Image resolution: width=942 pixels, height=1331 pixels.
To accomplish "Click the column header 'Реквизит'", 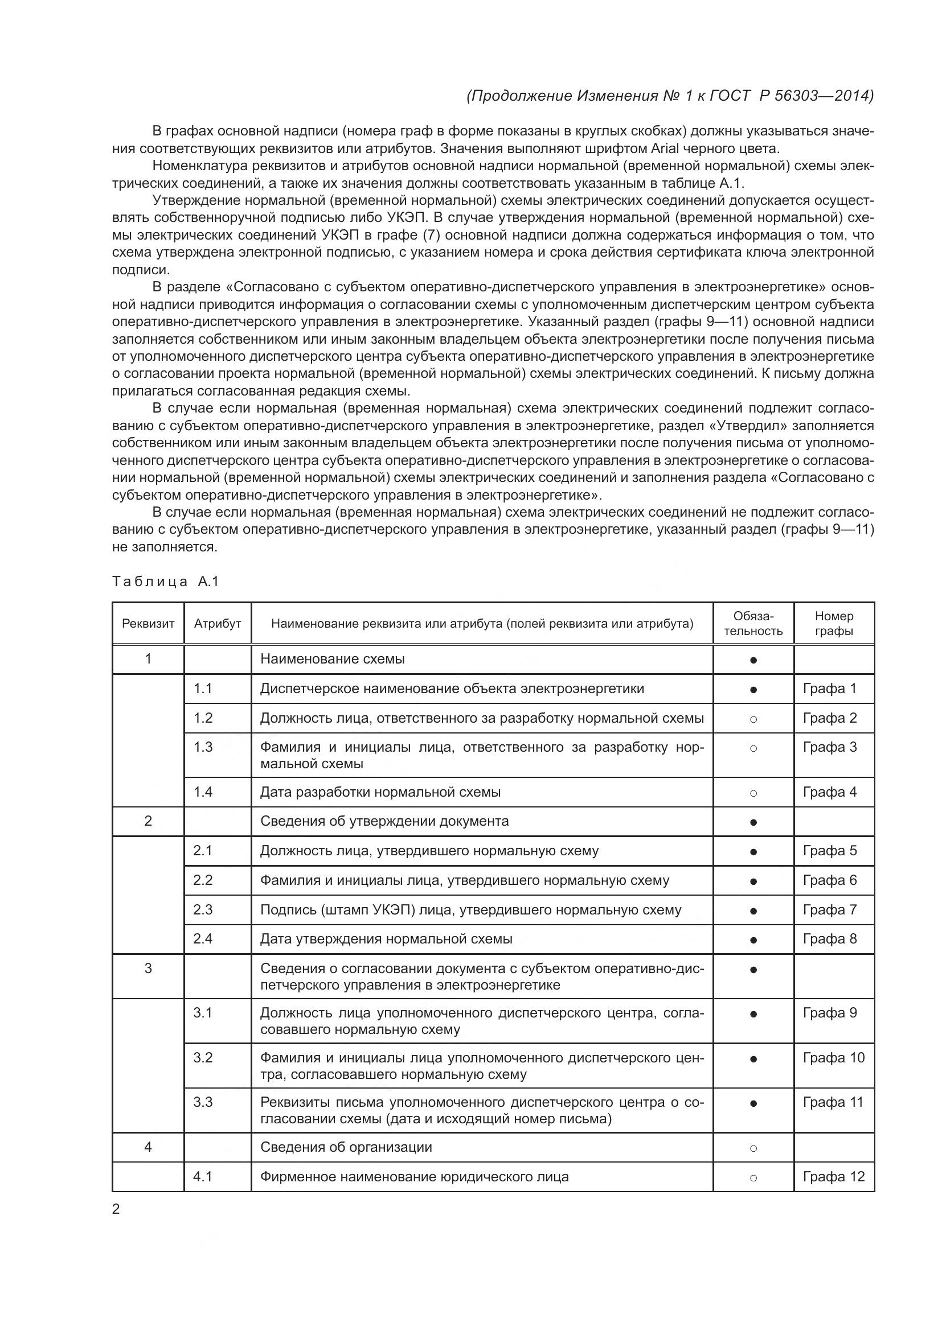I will tap(148, 624).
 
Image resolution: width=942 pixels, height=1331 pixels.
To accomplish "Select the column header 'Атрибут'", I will tap(218, 624).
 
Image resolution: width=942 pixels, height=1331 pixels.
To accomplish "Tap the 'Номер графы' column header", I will tap(834, 624).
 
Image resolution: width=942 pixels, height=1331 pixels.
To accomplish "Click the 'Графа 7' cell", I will tap(829, 909).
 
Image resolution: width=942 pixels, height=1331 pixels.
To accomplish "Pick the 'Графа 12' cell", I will tap(834, 1176).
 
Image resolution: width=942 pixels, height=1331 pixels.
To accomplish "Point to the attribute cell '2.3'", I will tap(203, 909).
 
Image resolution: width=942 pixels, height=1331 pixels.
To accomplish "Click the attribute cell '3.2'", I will tap(203, 1057).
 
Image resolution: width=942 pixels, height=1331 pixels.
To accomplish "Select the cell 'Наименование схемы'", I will tap(333, 659).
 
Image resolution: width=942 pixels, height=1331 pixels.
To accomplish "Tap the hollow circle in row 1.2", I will tap(753, 719).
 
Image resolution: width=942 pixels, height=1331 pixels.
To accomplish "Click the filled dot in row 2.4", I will tap(753, 939).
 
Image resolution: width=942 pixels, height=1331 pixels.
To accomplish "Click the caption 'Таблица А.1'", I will tap(165, 582).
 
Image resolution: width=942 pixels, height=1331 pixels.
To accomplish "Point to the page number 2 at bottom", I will tap(116, 1209).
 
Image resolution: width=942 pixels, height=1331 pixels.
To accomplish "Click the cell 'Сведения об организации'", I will tap(346, 1147).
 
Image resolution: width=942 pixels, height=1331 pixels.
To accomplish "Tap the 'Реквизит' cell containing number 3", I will tap(148, 968).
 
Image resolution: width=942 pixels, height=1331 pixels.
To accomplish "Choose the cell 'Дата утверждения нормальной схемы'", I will tap(386, 938).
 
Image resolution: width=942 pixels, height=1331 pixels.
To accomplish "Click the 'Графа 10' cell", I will tap(834, 1057).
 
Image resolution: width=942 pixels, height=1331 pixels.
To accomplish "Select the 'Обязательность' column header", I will tap(753, 624).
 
